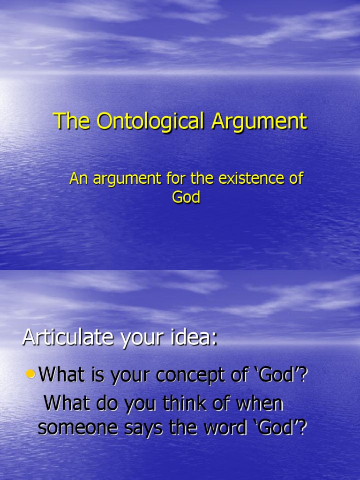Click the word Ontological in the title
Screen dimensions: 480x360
coord(151,121)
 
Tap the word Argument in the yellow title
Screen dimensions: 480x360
coord(259,121)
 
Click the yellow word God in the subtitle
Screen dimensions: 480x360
coord(186,197)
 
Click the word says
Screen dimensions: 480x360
coord(149,428)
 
